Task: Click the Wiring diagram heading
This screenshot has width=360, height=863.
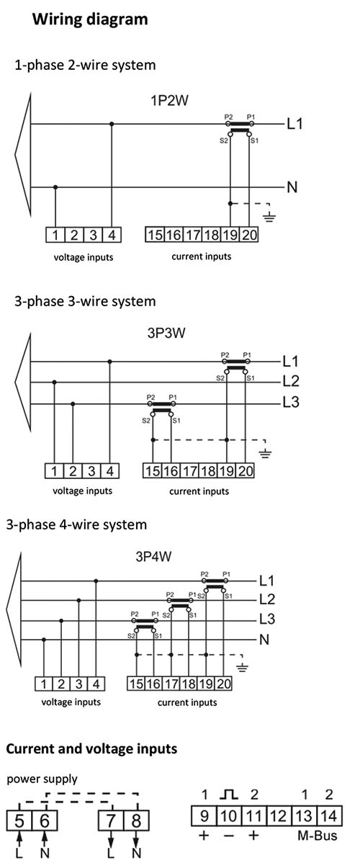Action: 90,20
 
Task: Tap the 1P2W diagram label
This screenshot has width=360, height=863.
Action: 167,102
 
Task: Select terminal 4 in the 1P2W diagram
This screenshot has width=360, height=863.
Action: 111,235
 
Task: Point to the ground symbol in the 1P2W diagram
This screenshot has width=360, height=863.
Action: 269,217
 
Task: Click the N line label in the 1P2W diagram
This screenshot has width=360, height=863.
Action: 292,187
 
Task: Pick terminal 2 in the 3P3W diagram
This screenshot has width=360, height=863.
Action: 73,471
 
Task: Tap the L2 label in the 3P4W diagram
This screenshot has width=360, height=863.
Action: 267,599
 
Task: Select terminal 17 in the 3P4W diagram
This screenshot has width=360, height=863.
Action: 170,684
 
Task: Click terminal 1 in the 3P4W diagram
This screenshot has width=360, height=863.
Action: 43,684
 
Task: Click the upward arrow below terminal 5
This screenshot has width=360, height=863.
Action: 19,840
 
